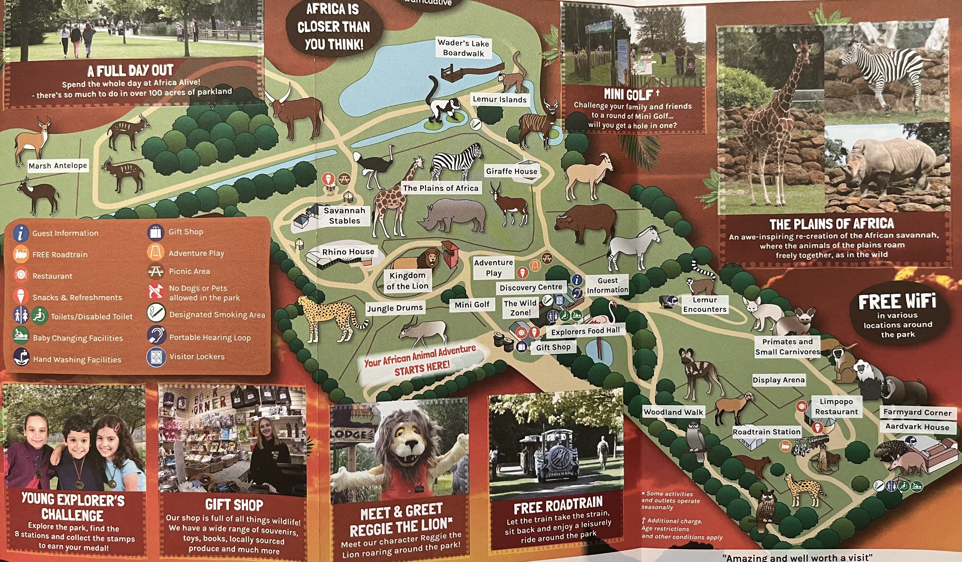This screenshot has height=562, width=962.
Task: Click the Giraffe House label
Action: point(511,171)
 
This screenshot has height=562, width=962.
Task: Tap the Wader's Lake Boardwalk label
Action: point(463,48)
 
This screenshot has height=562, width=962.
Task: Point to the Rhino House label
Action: point(348,252)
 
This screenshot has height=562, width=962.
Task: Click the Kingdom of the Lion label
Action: point(407,281)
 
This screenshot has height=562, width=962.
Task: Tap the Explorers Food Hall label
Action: point(585,331)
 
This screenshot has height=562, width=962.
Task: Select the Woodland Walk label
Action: point(673,412)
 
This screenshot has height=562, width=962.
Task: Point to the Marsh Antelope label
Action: point(58,166)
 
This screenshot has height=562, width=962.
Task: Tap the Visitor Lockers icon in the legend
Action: point(156,357)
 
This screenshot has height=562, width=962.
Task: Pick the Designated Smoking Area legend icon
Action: point(156,314)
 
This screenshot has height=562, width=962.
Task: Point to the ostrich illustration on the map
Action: point(374,166)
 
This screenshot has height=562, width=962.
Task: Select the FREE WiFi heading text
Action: point(897,302)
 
